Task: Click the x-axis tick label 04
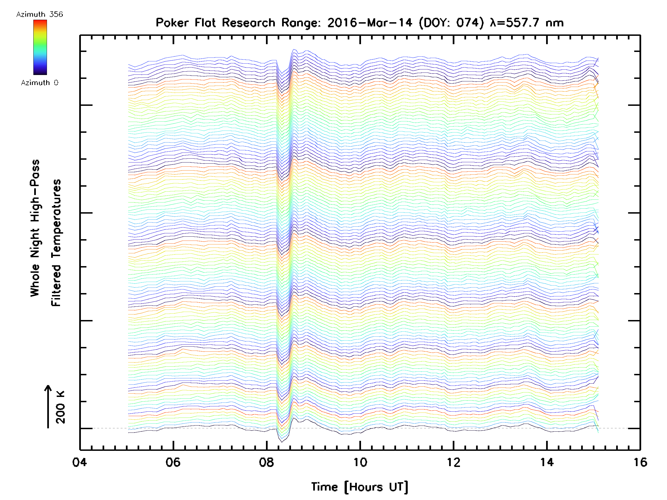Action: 79,462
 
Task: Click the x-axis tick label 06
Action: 173,462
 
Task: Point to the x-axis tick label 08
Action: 266,462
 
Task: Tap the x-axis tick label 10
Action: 360,462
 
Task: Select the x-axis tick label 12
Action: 453,462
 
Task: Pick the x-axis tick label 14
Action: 547,462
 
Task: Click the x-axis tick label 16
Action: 640,462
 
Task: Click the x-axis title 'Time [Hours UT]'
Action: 359,487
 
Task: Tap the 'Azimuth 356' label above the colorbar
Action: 39,14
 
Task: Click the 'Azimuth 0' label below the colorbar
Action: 39,82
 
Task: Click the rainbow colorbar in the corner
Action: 40,47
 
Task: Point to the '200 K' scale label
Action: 60,407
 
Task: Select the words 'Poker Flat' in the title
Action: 185,22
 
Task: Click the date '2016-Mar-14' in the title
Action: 370,22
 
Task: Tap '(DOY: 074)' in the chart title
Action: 451,22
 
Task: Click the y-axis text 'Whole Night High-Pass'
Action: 35,228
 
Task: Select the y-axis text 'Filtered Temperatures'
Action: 56,242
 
